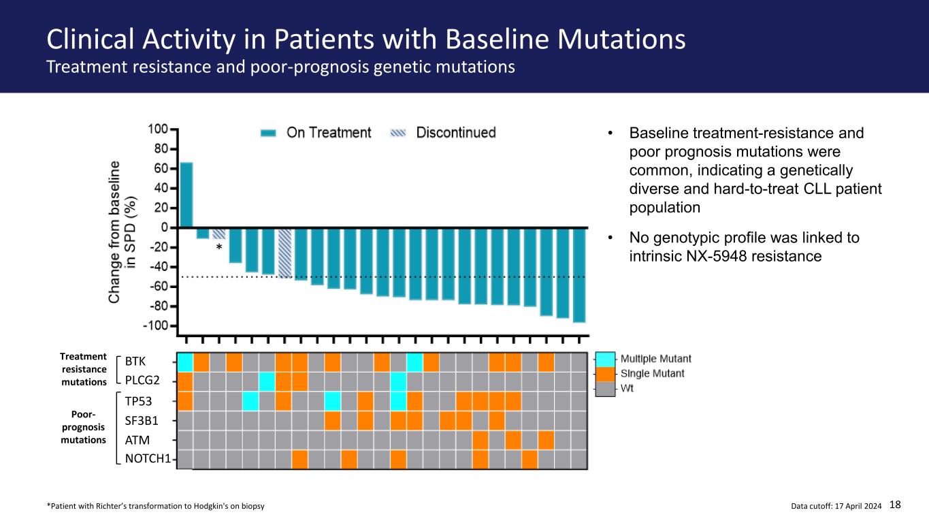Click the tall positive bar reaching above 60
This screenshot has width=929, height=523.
(x=186, y=195)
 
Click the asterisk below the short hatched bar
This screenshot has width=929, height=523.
(x=219, y=248)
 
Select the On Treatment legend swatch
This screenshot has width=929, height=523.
(x=268, y=133)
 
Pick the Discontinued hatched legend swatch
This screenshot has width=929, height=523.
(x=398, y=133)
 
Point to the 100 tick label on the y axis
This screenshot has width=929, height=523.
(x=158, y=129)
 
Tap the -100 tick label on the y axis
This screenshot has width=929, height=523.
(x=155, y=326)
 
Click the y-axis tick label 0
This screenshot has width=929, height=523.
(x=165, y=227)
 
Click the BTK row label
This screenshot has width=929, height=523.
(x=135, y=362)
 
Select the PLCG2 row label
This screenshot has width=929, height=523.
(x=142, y=381)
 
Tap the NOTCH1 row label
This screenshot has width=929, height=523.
(x=148, y=459)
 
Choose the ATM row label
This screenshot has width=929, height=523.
(x=137, y=440)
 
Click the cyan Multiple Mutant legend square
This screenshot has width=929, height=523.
(x=605, y=360)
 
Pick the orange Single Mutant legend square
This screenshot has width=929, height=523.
(x=605, y=374)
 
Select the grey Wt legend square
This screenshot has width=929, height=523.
(x=605, y=389)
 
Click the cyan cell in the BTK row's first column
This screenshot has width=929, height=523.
(x=185, y=362)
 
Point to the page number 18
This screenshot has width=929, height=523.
(x=895, y=505)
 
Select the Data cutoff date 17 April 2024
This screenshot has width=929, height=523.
(x=858, y=506)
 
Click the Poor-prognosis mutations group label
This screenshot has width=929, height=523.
(x=83, y=427)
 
